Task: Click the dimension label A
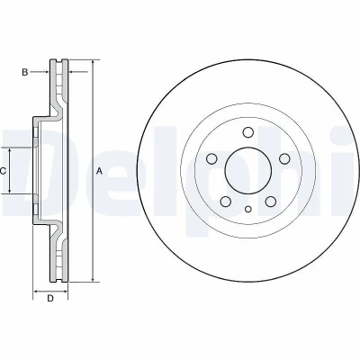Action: tap(99, 171)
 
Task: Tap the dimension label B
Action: tap(25, 72)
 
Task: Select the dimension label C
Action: tap(3, 171)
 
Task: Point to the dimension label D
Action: tap(50, 299)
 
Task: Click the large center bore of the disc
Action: tap(248, 171)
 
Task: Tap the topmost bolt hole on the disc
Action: tap(248, 132)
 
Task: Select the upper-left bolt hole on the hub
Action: tap(211, 158)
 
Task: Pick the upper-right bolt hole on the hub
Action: tap(284, 158)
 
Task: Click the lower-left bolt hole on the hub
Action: tap(226, 202)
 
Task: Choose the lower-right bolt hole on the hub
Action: tap(271, 202)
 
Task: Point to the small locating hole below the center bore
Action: tap(248, 209)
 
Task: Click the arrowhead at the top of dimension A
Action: tap(94, 63)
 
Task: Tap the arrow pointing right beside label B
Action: tap(40, 72)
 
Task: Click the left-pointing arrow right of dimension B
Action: tap(78, 72)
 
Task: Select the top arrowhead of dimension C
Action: tap(10, 151)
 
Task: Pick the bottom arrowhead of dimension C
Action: tap(10, 190)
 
